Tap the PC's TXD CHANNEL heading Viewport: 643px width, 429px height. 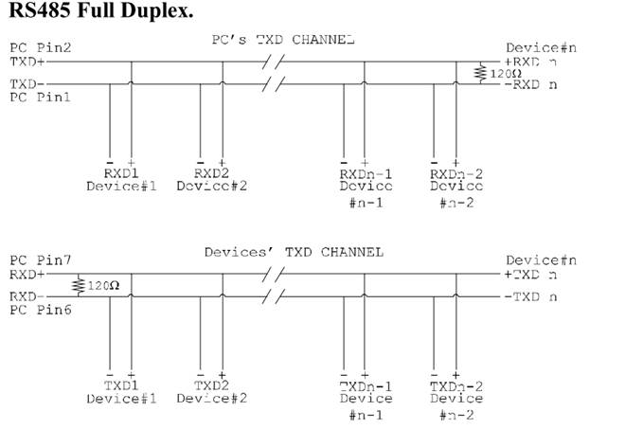[x=283, y=41]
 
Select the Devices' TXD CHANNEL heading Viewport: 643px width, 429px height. [x=294, y=252]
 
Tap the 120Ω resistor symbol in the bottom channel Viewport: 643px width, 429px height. [x=77, y=284]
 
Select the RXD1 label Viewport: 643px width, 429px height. [x=120, y=174]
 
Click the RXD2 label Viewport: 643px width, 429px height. [x=211, y=174]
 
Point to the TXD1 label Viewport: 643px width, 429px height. [x=120, y=386]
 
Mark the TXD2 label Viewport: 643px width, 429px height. [x=211, y=386]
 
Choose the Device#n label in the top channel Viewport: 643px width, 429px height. [x=541, y=47]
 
